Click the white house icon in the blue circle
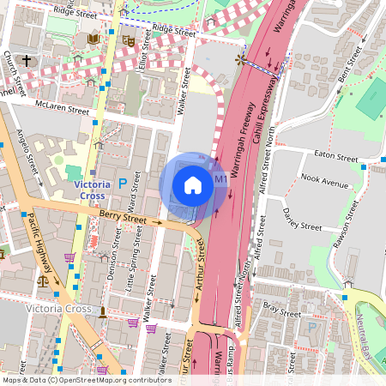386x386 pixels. (x=193, y=185)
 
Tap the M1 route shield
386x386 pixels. (x=220, y=179)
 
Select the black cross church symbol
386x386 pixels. (x=27, y=61)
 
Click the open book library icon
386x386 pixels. (x=93, y=39)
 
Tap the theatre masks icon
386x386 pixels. (x=128, y=39)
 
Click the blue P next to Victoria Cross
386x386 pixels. (x=123, y=183)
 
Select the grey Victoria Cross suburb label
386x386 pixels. (x=58, y=309)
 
